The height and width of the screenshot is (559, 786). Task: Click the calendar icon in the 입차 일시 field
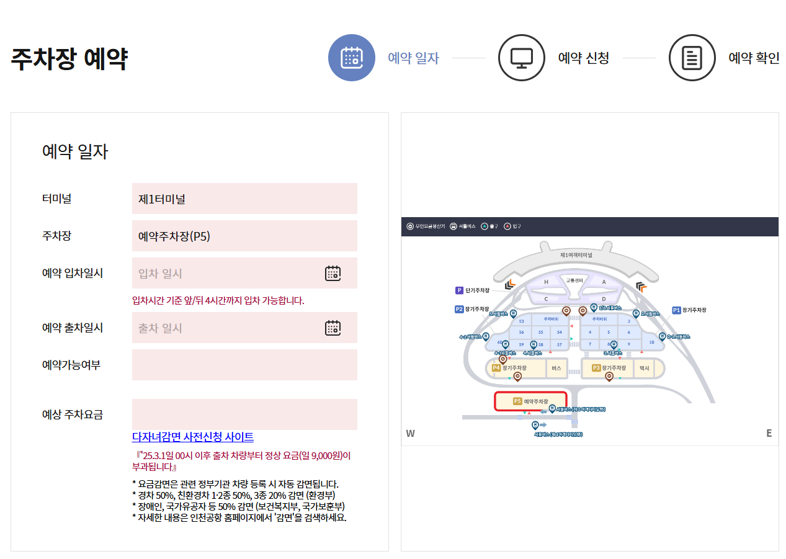point(333,274)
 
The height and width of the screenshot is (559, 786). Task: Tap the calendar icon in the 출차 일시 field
point(333,328)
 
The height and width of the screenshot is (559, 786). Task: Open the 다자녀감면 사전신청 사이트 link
point(193,437)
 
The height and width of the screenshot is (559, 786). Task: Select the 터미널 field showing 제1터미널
point(244,199)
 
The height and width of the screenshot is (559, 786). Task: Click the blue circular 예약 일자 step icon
point(352,58)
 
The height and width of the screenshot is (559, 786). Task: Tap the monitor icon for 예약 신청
point(522,58)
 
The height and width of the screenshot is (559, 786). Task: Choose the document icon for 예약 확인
point(692,58)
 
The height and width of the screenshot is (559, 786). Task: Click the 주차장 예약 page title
point(69,59)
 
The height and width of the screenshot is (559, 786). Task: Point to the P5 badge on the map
point(517,401)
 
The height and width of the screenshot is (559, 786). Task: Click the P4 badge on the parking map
point(496,368)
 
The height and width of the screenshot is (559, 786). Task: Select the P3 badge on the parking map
point(597,368)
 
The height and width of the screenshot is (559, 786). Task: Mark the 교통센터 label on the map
point(574,280)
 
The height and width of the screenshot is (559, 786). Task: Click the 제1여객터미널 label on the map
point(576,255)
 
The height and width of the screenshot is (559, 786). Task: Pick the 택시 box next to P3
point(645,368)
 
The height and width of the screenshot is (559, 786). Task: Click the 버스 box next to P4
point(556,368)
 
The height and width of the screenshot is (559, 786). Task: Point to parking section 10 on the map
point(651,342)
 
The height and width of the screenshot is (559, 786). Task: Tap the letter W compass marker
point(410,433)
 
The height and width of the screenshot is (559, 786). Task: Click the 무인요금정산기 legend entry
point(426,226)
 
